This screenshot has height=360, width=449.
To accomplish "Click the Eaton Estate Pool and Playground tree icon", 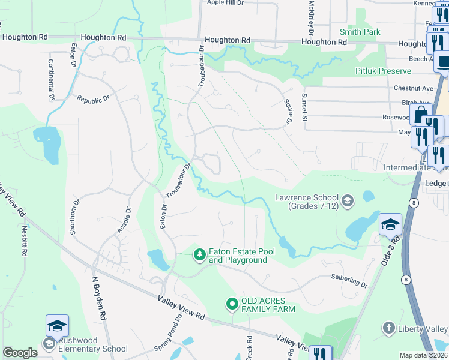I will point(199,256).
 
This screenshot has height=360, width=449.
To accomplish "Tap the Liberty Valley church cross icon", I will point(389,328).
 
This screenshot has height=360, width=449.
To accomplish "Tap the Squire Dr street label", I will point(287,112).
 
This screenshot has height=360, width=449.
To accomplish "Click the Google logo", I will point(20,353).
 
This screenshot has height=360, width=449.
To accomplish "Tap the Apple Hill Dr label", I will point(226,2).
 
